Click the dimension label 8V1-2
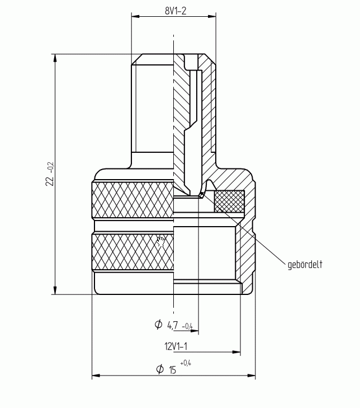(176, 11)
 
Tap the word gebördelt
(305, 265)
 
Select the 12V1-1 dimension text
(176, 346)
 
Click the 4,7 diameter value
(173, 325)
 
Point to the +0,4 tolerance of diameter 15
(186, 363)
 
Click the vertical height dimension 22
(49, 181)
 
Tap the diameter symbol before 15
(160, 369)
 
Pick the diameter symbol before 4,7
(158, 324)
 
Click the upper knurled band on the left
(132, 200)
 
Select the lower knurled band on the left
(132, 252)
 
